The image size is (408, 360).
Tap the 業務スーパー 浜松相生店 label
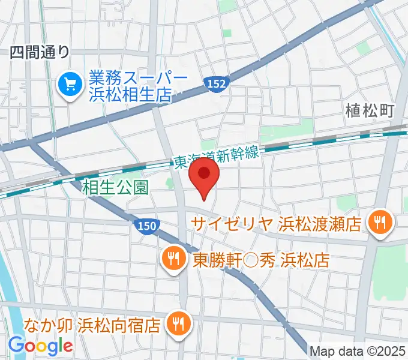pos(130,86)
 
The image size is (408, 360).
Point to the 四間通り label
pos(40,53)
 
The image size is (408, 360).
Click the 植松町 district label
pos(370,110)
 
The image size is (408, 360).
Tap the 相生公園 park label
pos(115,188)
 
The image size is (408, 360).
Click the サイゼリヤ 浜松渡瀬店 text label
pos(276,224)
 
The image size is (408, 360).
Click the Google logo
pos(40,346)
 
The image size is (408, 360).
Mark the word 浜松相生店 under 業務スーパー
pos(130,94)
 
